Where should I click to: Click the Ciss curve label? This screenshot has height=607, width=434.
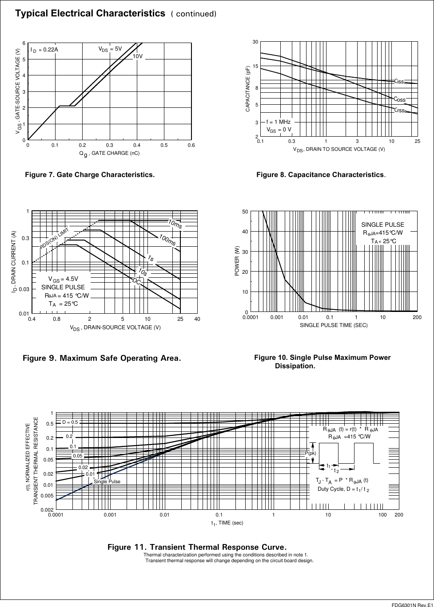tap(399, 81)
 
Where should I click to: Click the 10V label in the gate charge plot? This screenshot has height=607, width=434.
tap(138, 56)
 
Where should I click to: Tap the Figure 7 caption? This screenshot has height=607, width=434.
tap(90, 175)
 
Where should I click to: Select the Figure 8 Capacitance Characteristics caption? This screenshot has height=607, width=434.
tap(321, 175)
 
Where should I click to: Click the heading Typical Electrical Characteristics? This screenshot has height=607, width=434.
tap(90, 13)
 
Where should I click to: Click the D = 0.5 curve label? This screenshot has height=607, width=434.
tap(70, 422)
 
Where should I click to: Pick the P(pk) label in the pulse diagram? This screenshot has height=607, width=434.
tap(310, 453)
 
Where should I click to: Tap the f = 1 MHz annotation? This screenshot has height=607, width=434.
tap(278, 122)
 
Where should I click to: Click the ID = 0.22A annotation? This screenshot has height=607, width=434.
tap(44, 50)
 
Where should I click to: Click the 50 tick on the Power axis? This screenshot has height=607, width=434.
tap(245, 212)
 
